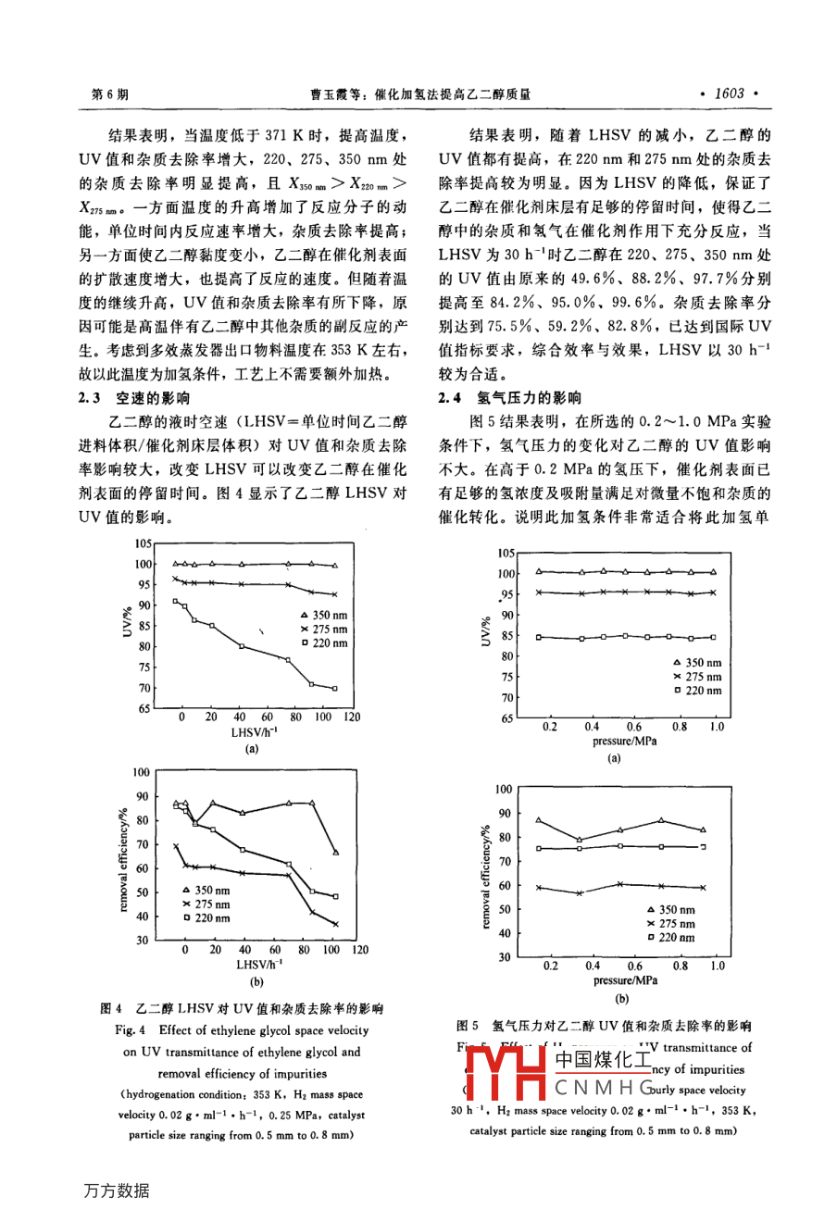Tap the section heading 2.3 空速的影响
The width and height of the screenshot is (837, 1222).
tap(134, 398)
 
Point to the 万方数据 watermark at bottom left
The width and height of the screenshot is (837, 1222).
tap(117, 1191)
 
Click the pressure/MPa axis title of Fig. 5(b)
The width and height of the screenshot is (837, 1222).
tap(625, 979)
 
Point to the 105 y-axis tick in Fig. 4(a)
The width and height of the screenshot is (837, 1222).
tap(143, 544)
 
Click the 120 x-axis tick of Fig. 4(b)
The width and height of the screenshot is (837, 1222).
tap(359, 949)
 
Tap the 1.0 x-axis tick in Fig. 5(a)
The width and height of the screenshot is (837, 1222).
tap(717, 727)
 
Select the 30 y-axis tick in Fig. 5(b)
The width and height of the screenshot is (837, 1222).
tap(504, 957)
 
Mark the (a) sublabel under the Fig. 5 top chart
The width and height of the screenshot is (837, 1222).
tap(613, 758)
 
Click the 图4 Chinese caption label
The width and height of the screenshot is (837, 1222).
tap(112, 1008)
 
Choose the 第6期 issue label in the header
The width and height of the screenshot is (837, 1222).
tap(111, 94)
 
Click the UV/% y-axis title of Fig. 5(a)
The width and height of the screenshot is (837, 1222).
tap(485, 633)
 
